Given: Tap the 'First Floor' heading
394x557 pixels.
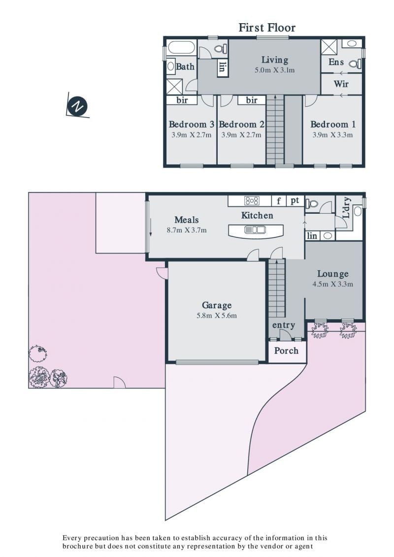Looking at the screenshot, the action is (x=267, y=28).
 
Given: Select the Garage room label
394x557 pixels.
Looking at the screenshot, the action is (x=217, y=305).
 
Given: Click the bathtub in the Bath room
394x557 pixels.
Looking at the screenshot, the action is (x=181, y=48).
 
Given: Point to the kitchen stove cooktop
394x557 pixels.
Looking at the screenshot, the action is (x=252, y=201).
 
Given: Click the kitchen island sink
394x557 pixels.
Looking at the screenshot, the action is (x=255, y=230).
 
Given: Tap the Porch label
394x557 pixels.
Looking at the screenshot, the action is (x=286, y=351).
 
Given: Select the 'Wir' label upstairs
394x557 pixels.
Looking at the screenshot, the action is (x=341, y=84).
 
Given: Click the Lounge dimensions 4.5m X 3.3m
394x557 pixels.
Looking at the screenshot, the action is (x=333, y=284).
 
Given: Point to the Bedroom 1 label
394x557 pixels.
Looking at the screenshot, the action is (x=333, y=124).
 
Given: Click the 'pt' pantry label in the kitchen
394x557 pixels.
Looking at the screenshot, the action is (x=295, y=201).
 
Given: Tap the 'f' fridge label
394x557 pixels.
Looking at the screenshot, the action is (x=279, y=201).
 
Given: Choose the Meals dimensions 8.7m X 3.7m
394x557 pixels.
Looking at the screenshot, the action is (x=187, y=230).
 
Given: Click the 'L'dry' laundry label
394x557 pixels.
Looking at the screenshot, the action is (x=347, y=208).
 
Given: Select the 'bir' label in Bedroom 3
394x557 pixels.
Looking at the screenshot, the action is (x=182, y=100).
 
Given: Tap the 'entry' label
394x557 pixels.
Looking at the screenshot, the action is (x=284, y=325).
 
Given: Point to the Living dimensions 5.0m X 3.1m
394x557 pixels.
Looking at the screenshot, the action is (x=275, y=70).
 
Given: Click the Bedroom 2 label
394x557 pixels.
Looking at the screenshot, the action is (x=242, y=124).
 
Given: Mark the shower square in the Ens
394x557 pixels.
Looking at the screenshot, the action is (x=328, y=47).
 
